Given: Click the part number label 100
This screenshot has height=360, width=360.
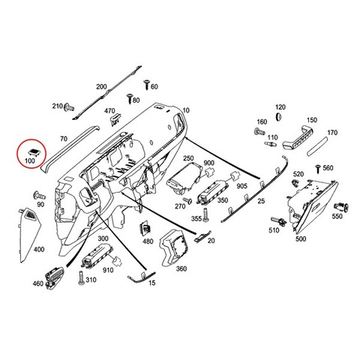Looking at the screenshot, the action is point(29,160).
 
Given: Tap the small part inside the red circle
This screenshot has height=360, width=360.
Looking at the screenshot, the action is point(33,152).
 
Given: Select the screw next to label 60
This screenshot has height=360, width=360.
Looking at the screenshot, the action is point(147,85).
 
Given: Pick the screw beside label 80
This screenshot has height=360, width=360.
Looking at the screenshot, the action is point(130,99).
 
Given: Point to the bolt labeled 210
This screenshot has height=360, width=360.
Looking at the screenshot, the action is point(69,107).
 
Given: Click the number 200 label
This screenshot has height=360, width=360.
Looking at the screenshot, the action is point(101,87).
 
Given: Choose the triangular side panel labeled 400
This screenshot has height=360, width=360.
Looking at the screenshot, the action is point(29,235).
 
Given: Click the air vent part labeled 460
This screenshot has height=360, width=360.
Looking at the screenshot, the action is point(53,277).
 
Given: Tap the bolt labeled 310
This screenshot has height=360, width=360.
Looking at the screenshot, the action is point(81,277).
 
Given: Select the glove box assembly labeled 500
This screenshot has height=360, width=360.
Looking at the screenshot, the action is point(312,206).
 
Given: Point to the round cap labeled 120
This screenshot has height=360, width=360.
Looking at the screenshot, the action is point(278,116).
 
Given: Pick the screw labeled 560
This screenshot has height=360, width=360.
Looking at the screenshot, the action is point(318,169).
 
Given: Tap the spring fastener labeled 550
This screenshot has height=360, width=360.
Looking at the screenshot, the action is point(341,207).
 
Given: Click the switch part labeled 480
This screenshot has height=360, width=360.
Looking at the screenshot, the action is point(145,228).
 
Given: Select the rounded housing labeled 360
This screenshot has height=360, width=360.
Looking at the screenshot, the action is point(174,247).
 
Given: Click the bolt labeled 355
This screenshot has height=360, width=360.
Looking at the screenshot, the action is point(205,214).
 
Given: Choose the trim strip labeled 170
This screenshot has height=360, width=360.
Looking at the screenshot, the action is point(317,146).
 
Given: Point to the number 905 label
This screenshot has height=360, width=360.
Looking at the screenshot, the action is point(241,186).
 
